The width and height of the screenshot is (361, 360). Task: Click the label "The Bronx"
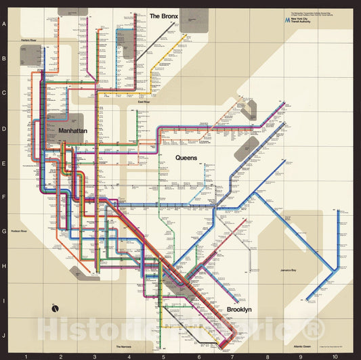[163, 16]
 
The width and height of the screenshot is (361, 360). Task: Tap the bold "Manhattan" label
[73, 131]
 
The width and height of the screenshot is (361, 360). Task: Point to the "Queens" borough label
[186, 158]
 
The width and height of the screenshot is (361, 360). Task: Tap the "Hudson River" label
[18, 231]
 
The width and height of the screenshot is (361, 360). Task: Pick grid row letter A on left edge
[5, 24]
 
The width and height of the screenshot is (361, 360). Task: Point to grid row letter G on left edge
[5, 231]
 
